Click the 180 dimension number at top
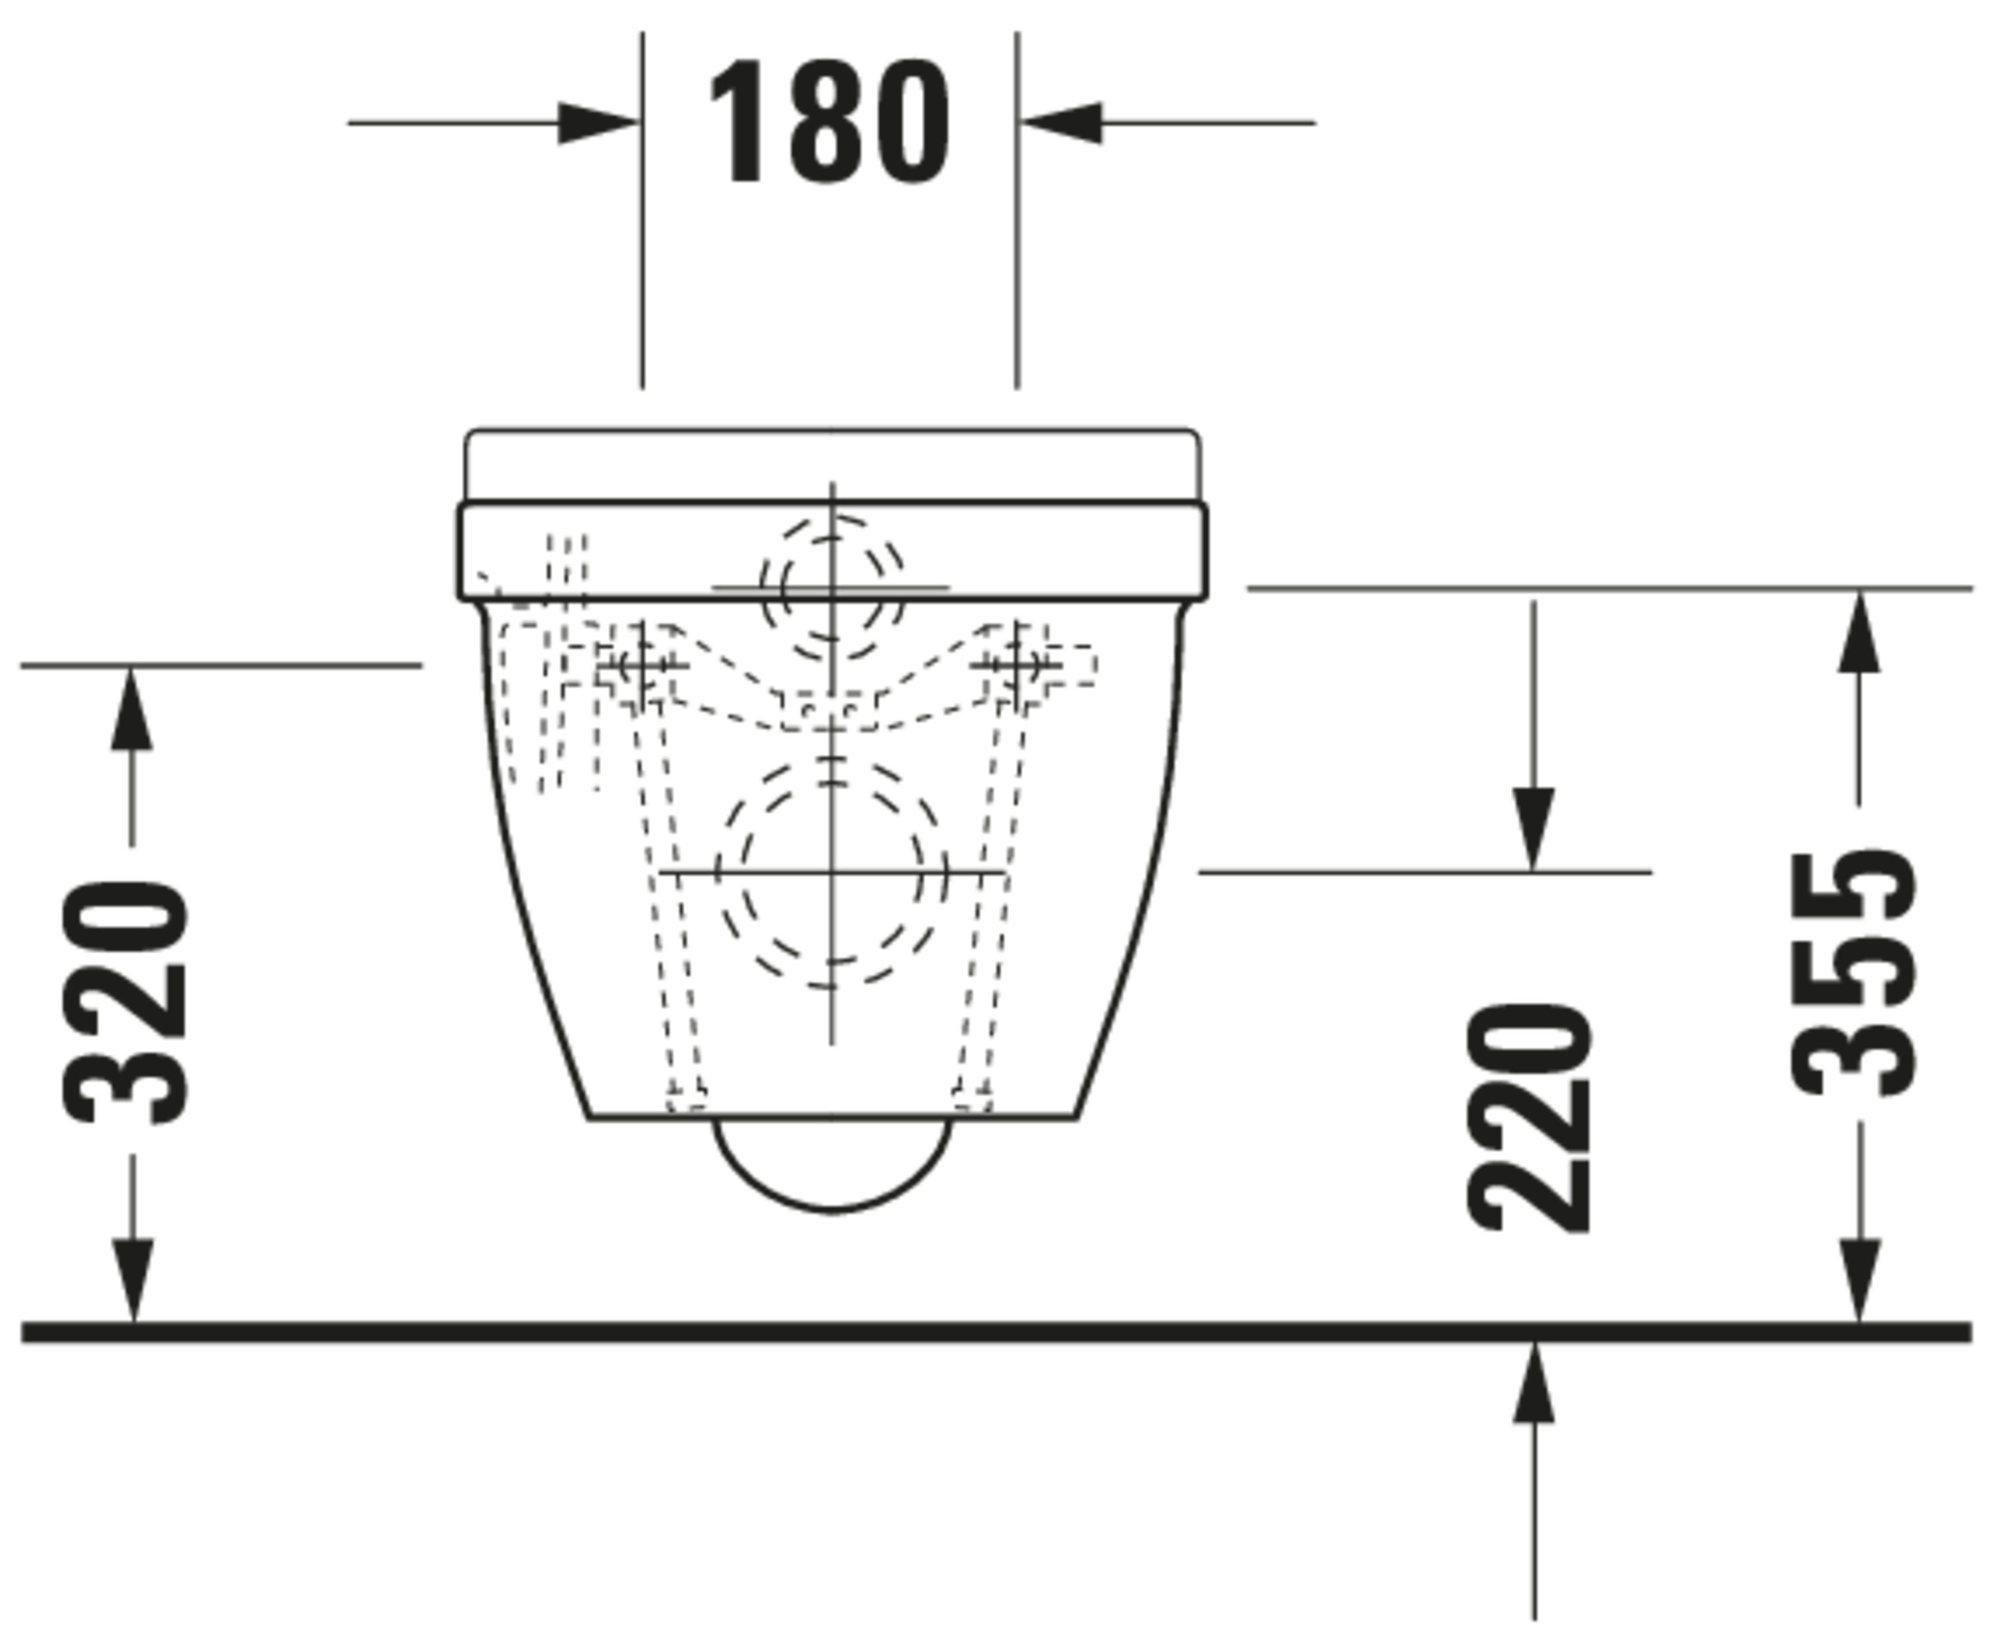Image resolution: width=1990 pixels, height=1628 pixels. pos(829,122)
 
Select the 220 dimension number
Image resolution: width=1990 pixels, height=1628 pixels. pos(1530,1118)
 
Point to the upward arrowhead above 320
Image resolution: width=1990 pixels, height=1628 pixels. pos(131,708)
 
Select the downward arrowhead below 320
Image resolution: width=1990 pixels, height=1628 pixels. pos(132,1280)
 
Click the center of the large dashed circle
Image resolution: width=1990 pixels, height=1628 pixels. pos(832,873)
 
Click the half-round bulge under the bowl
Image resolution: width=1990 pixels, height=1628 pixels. pos(832,1168)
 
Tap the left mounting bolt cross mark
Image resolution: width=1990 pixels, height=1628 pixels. pos(641,665)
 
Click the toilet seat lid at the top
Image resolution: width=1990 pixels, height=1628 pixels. pos(832,465)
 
